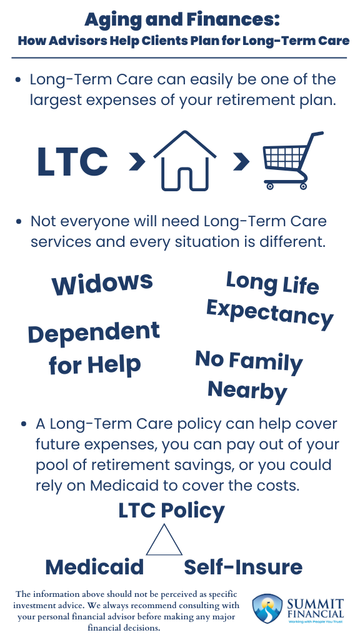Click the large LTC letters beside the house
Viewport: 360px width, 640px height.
point(72,161)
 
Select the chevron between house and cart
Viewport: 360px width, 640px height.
point(241,161)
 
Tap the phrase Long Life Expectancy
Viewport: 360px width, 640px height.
point(271,299)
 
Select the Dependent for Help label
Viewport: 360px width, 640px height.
point(94,349)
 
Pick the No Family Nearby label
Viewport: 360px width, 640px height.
point(248,375)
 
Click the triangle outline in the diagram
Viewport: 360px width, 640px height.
point(164,541)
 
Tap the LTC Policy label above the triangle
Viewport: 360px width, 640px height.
point(171,511)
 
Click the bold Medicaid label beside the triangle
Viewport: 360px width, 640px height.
point(94,567)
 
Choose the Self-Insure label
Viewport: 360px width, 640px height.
point(243,567)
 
